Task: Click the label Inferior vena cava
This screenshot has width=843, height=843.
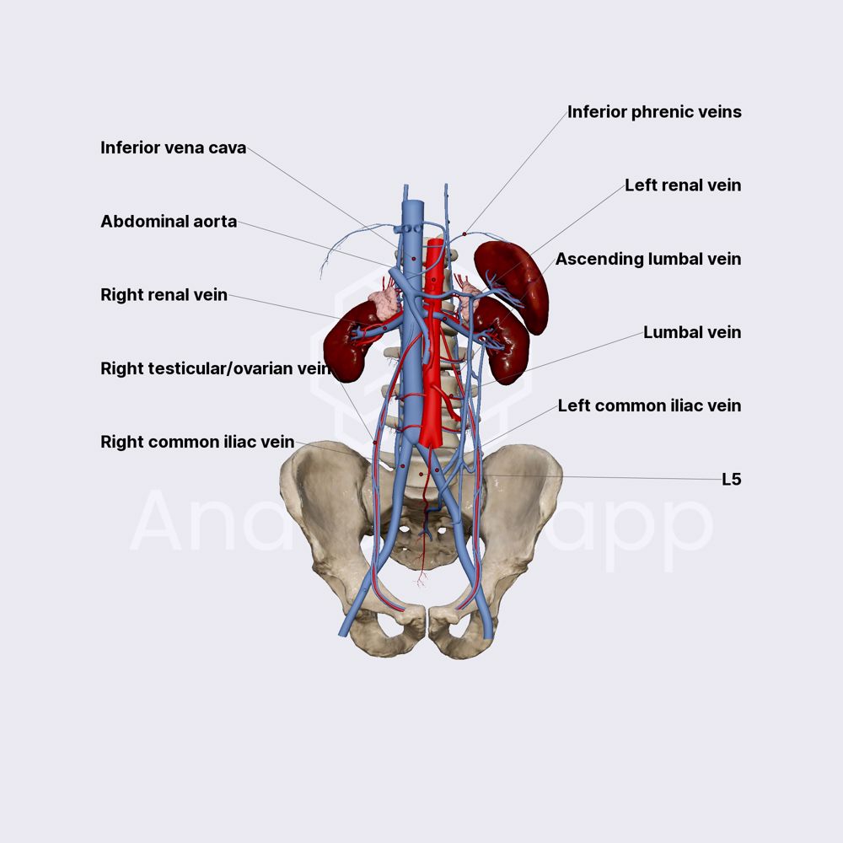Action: pos(173,148)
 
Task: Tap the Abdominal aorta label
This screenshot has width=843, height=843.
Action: pos(169,222)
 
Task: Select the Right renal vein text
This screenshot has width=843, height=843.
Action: pos(164,295)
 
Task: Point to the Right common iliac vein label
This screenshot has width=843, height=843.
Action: pos(197,442)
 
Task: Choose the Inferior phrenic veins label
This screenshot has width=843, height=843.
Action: pos(654,111)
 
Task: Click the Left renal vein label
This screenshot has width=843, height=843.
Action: pos(683,185)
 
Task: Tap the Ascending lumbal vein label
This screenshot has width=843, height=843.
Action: pos(647,259)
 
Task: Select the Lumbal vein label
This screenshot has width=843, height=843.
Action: pos(692,332)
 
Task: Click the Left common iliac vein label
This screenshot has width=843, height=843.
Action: pos(649,405)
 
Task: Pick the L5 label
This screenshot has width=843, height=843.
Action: pos(731,479)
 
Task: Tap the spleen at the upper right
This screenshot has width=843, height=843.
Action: pos(516,278)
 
